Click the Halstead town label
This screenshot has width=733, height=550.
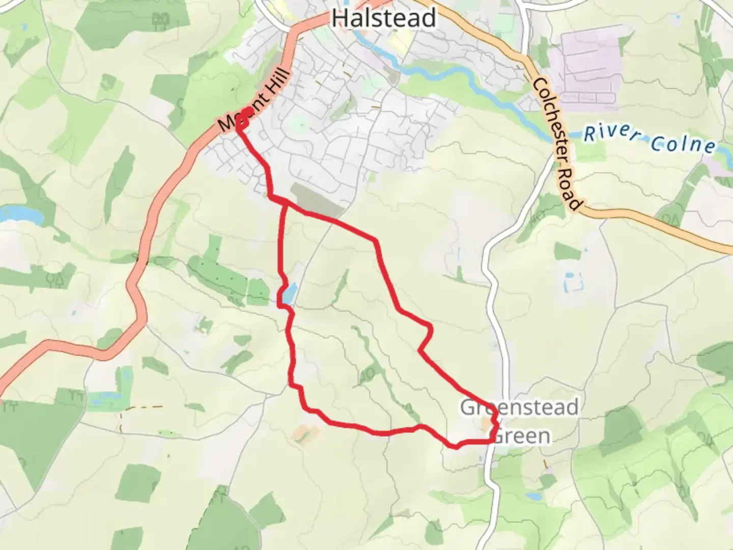(x=383, y=18)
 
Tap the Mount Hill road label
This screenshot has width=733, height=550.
(x=254, y=99)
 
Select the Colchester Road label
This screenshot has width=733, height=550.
(x=556, y=145)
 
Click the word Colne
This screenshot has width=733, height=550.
(x=683, y=144)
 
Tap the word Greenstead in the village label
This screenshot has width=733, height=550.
(x=519, y=407)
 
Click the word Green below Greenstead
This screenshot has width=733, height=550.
(x=522, y=436)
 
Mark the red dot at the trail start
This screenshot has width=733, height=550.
(x=247, y=113)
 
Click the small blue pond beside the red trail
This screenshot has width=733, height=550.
(x=289, y=295)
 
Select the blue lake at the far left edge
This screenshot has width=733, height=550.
(x=20, y=214)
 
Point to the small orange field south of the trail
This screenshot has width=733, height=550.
(x=305, y=433)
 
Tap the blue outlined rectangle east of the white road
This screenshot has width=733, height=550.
(x=573, y=282)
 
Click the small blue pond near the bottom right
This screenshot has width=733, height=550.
(x=534, y=496)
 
